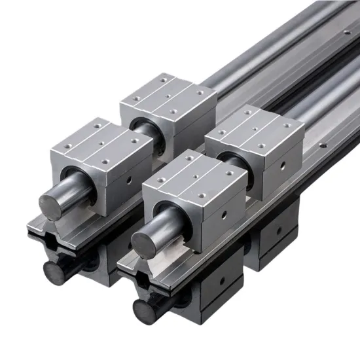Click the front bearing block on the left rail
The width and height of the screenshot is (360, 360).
[98, 160]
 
